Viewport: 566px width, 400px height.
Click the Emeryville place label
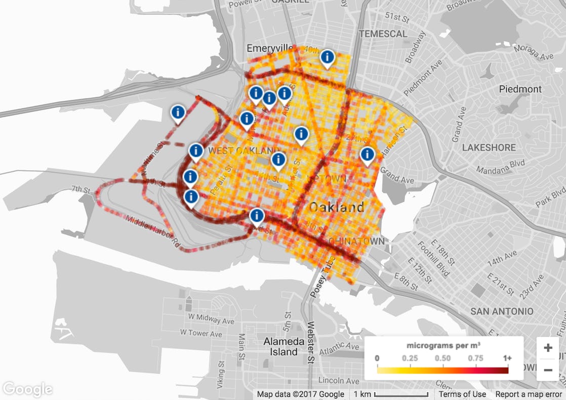269,48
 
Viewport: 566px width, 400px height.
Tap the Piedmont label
520,89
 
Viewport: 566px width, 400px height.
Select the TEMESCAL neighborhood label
383,34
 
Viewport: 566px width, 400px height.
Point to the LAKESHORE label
489,148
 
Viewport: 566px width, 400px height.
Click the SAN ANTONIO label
502,311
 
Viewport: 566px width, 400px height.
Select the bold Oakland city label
336,207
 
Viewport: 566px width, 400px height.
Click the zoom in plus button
548,348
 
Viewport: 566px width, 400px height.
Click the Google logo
28,389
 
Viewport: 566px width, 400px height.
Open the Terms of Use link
462,394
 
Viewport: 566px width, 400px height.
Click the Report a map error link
529,394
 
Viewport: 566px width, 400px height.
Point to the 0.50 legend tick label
443,358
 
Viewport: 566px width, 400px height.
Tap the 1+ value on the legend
506,358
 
